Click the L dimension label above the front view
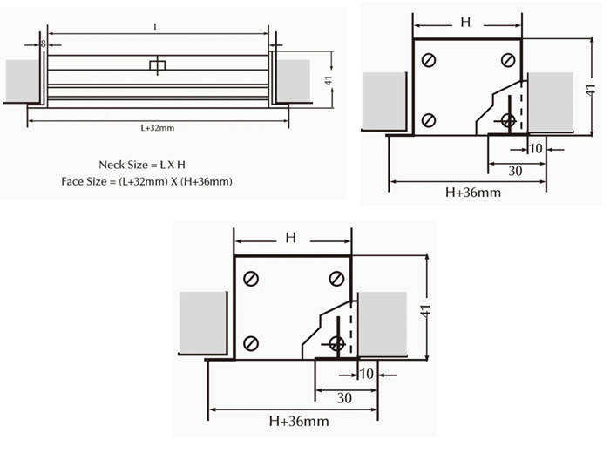coord(156,27)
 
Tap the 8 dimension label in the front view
coord(44,44)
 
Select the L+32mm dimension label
coord(158,128)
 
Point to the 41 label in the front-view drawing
coord(329,80)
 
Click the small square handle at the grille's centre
coord(158,65)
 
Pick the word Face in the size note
coord(72,181)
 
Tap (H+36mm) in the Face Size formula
coord(206,181)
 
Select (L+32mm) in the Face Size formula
coord(143,181)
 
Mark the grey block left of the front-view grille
coord(23,81)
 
